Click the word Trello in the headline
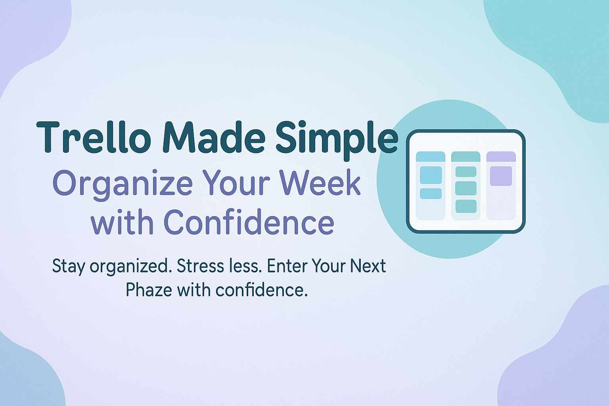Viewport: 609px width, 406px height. pyautogui.click(x=94, y=137)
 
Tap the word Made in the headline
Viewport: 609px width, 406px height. pyautogui.click(x=214, y=137)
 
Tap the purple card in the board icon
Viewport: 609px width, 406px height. pyautogui.click(x=501, y=176)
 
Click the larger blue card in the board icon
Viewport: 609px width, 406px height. pyautogui.click(x=431, y=175)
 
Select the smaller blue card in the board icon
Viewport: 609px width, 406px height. pyautogui.click(x=431, y=193)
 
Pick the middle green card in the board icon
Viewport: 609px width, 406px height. pyautogui.click(x=466, y=188)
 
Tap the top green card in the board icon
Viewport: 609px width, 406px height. pyautogui.click(x=466, y=172)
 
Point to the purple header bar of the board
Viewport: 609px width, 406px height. pyautogui.click(x=501, y=157)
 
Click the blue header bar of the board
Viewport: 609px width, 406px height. pyautogui.click(x=430, y=157)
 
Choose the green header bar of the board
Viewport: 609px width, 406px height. pyautogui.click(x=466, y=157)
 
